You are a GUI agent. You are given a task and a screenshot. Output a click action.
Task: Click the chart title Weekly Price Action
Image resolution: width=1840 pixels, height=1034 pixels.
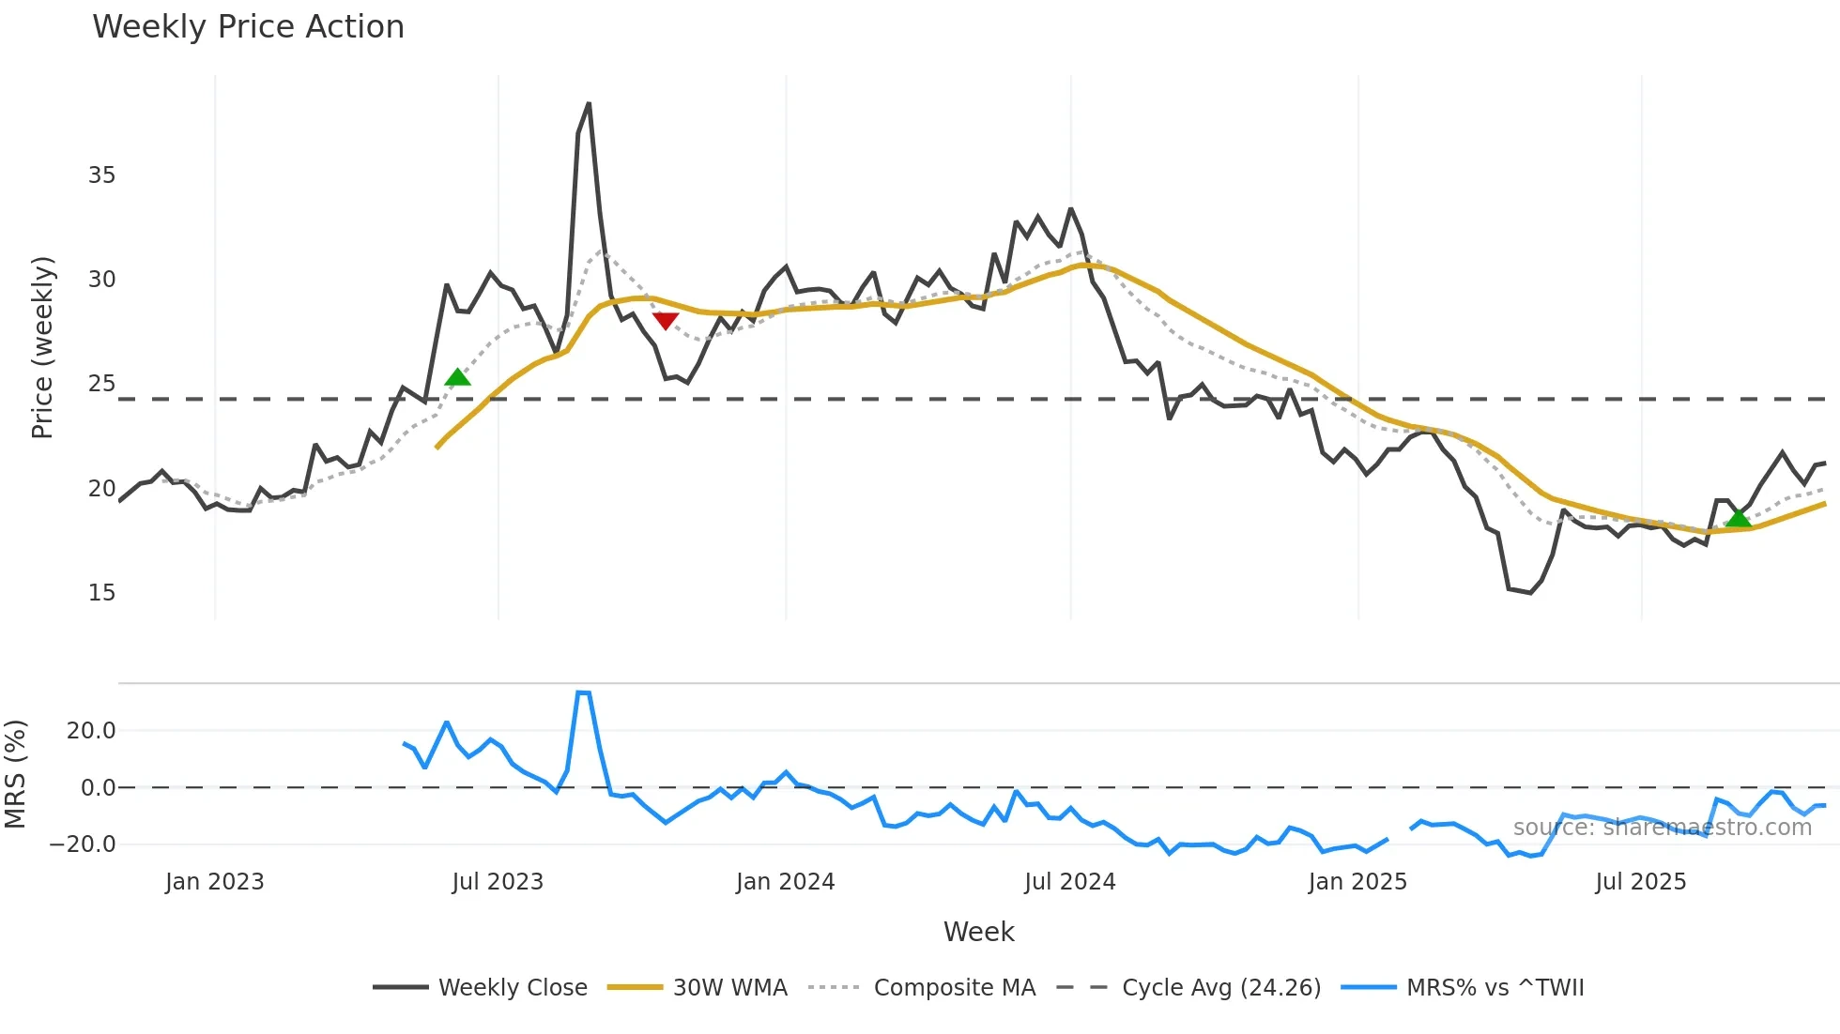(x=248, y=27)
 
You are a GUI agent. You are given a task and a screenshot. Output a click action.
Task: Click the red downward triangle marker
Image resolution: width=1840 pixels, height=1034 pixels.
(x=666, y=321)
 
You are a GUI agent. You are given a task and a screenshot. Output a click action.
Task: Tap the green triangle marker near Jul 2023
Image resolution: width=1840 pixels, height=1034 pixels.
(x=457, y=377)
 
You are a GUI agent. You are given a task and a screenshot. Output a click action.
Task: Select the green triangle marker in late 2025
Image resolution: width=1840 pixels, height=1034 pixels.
(x=1739, y=517)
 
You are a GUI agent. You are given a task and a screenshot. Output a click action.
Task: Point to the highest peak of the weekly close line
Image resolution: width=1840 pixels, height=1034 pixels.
(x=589, y=104)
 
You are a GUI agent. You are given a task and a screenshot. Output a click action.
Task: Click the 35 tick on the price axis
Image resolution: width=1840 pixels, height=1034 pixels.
(x=101, y=175)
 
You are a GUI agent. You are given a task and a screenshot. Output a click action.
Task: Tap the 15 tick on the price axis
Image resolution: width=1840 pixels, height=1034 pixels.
(x=101, y=593)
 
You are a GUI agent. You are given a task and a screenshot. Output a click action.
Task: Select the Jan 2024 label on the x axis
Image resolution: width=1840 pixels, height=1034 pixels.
(x=785, y=882)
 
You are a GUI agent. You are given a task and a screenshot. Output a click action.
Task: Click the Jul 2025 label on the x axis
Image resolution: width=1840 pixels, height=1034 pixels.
(x=1640, y=882)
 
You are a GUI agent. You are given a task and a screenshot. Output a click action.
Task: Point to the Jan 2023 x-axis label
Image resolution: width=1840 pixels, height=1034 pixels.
(x=214, y=882)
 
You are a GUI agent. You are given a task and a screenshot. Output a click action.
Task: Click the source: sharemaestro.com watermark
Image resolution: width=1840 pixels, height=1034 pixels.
(x=1662, y=828)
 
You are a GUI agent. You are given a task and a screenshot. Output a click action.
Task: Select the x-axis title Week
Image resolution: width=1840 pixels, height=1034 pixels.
(x=978, y=932)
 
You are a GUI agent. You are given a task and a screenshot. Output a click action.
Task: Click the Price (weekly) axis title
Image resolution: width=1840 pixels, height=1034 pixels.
(x=42, y=347)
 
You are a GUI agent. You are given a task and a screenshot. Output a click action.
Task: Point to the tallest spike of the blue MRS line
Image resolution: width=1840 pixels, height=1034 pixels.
(x=583, y=692)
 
